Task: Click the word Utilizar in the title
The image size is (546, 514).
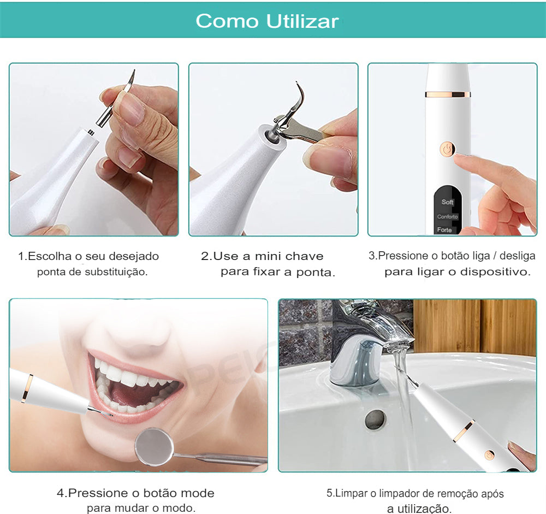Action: click(302, 21)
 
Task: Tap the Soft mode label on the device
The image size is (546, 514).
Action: click(448, 202)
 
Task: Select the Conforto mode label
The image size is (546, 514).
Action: click(448, 216)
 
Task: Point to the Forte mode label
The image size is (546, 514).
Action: click(444, 229)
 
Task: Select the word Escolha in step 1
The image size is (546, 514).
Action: click(50, 256)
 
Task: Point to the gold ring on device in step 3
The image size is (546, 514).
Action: click(448, 94)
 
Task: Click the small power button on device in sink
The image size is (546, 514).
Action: click(490, 454)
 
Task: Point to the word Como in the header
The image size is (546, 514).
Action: click(227, 21)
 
